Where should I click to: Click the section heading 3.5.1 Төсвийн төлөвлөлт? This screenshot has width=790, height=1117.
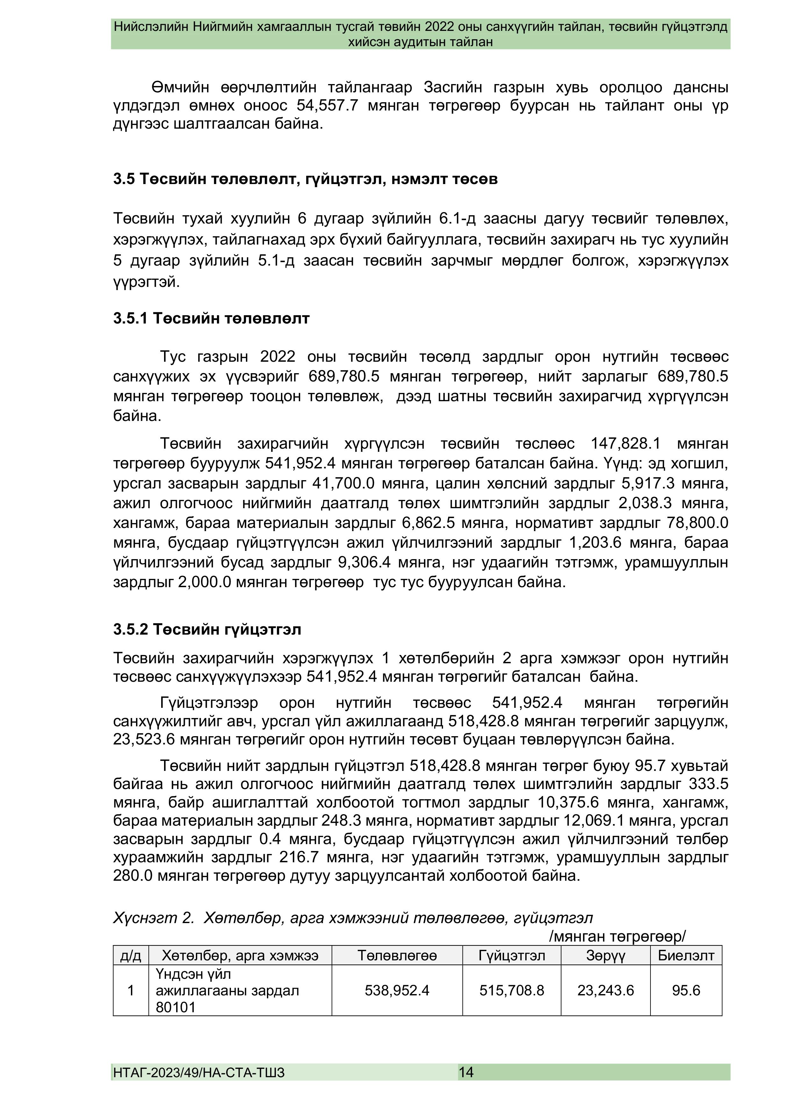pyautogui.click(x=211, y=319)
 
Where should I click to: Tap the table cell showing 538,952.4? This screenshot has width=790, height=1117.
pyautogui.click(x=397, y=991)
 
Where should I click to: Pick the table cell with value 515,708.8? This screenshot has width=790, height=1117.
pyautogui.click(x=512, y=991)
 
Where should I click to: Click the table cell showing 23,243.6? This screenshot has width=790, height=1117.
pyautogui.click(x=606, y=991)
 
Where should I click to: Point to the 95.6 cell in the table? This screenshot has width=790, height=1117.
pyautogui.click(x=686, y=991)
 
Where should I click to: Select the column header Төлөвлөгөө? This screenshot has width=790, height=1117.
pyautogui.click(x=397, y=956)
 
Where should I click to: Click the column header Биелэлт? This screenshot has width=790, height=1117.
pyautogui.click(x=686, y=956)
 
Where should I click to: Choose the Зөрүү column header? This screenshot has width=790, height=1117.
pyautogui.click(x=606, y=956)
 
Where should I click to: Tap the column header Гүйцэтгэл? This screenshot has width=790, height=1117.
pyautogui.click(x=512, y=956)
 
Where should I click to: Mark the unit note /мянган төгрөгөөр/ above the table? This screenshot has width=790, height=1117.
pyautogui.click(x=617, y=936)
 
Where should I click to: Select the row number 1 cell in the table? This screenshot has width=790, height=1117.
pyautogui.click(x=131, y=991)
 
